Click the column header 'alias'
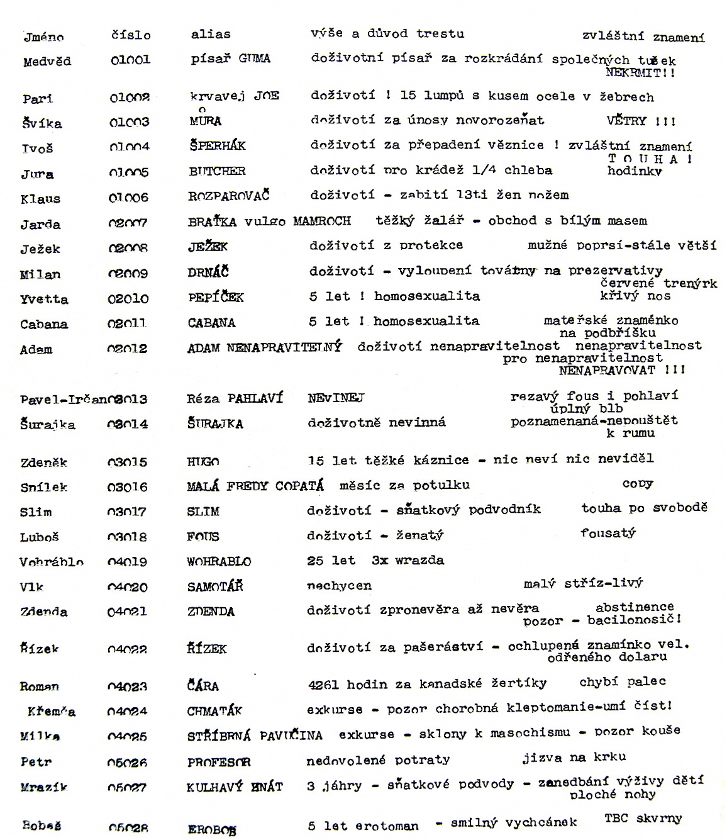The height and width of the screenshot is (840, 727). coord(211,34)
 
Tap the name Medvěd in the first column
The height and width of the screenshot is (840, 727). coord(47,62)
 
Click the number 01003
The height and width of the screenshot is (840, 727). coord(129,122)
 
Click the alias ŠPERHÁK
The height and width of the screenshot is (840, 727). coord(217,145)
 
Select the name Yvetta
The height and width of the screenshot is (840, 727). coord(44,299)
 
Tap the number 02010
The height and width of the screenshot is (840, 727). coord(128,298)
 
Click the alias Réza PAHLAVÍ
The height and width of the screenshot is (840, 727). coord(235,398)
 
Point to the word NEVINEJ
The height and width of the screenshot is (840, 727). coord(336,398)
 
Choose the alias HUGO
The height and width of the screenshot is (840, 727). coord(203,461)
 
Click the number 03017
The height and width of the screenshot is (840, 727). coord(127,512)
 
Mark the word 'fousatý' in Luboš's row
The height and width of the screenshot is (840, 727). coord(608,534)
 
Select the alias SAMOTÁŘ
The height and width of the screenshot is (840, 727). coord(215,586)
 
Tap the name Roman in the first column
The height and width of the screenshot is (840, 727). coord(39,686)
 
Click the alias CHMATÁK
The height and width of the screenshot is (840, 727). coord(214,711)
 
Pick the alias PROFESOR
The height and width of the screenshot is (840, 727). coord(218,762)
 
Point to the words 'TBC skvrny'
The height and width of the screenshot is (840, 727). coord(643,819)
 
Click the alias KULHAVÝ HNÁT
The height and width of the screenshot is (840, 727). coord(235,787)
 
